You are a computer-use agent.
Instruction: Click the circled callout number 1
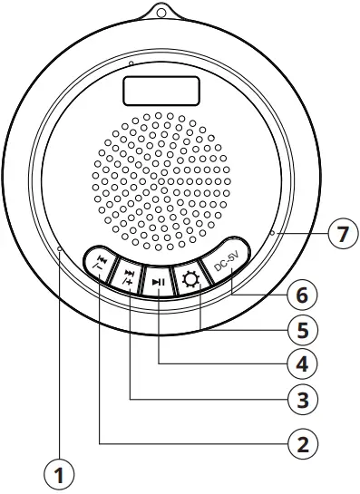coord(59,472)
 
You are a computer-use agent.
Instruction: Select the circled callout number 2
coord(303,444)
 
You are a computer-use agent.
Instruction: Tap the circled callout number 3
coord(303,398)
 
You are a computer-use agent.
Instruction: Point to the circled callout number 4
coord(303,363)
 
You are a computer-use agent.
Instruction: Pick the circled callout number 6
coord(303,295)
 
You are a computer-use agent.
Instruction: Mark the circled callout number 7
coord(340,236)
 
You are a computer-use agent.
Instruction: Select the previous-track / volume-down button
coord(99,264)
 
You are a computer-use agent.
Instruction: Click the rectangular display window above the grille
coord(161,90)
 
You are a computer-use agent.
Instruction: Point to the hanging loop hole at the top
coord(162,13)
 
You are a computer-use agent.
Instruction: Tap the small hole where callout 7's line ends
coord(271,235)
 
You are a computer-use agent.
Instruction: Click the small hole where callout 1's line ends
coord(59,247)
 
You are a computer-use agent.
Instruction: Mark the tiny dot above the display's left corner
coord(131,64)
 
